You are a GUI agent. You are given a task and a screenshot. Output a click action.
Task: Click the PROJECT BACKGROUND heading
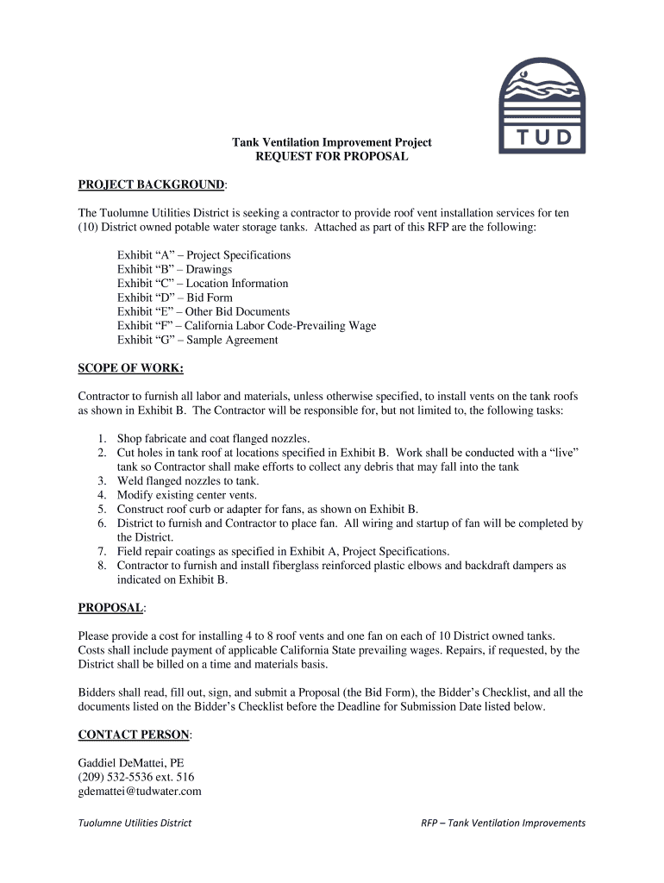coord(152,185)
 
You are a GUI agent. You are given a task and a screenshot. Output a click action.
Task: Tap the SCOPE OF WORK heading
coord(130,368)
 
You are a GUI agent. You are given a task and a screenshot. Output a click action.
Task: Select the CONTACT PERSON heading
coord(134,735)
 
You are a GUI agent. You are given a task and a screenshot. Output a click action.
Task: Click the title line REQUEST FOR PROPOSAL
coord(332,157)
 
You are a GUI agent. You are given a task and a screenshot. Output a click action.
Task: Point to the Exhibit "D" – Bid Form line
coord(175,297)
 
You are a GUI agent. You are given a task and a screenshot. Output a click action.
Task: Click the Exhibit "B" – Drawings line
coord(174,269)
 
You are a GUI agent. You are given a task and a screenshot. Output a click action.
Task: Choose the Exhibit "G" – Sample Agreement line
coord(197,340)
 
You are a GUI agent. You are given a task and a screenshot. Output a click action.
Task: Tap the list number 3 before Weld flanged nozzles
coord(101,480)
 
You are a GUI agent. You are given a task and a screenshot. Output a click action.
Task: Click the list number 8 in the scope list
coord(101,566)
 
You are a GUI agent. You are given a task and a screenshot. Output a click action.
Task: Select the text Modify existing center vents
coord(187,495)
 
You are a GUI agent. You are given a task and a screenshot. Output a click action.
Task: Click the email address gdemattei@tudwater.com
coord(140,791)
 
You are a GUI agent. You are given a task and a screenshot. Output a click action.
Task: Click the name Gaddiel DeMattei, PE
coord(131,763)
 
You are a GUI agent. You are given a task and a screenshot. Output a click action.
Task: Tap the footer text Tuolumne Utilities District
coord(135,823)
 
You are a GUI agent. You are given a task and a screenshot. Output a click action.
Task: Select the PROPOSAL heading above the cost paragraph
coord(110,608)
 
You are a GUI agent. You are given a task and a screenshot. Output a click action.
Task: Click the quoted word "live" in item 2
coord(558,452)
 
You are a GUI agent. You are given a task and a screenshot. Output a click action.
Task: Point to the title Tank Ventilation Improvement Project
coord(332,142)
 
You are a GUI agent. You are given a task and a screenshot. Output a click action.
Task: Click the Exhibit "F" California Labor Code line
coord(247,326)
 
